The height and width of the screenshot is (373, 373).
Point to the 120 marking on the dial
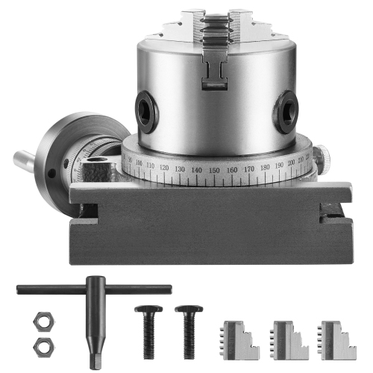point(163,168)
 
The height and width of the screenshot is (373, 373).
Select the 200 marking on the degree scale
point(290,161)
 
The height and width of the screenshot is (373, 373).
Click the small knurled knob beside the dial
point(322,157)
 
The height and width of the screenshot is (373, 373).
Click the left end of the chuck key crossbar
point(21,290)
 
